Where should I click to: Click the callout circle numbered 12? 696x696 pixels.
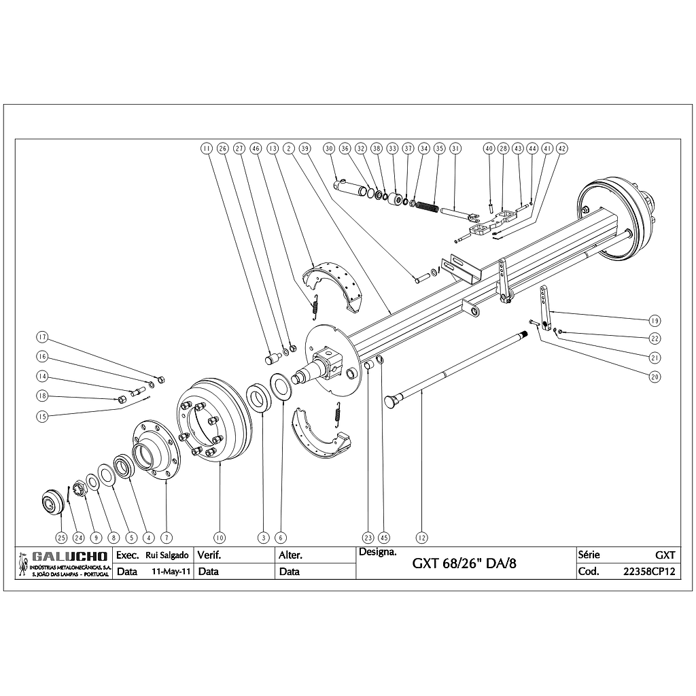[422, 537]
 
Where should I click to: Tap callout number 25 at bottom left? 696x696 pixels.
[61, 537]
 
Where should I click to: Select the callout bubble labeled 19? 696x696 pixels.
[655, 320]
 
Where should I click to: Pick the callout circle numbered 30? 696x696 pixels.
[329, 147]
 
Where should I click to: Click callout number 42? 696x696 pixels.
[561, 147]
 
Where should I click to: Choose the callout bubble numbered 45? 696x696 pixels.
[383, 537]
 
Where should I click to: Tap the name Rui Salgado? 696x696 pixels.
[167, 555]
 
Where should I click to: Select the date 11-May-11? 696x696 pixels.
[170, 572]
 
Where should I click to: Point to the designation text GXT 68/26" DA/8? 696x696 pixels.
[469, 564]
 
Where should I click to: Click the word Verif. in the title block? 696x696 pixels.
[208, 555]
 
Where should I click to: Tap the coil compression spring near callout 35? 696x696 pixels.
[427, 206]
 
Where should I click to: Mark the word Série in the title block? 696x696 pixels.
[589, 555]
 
